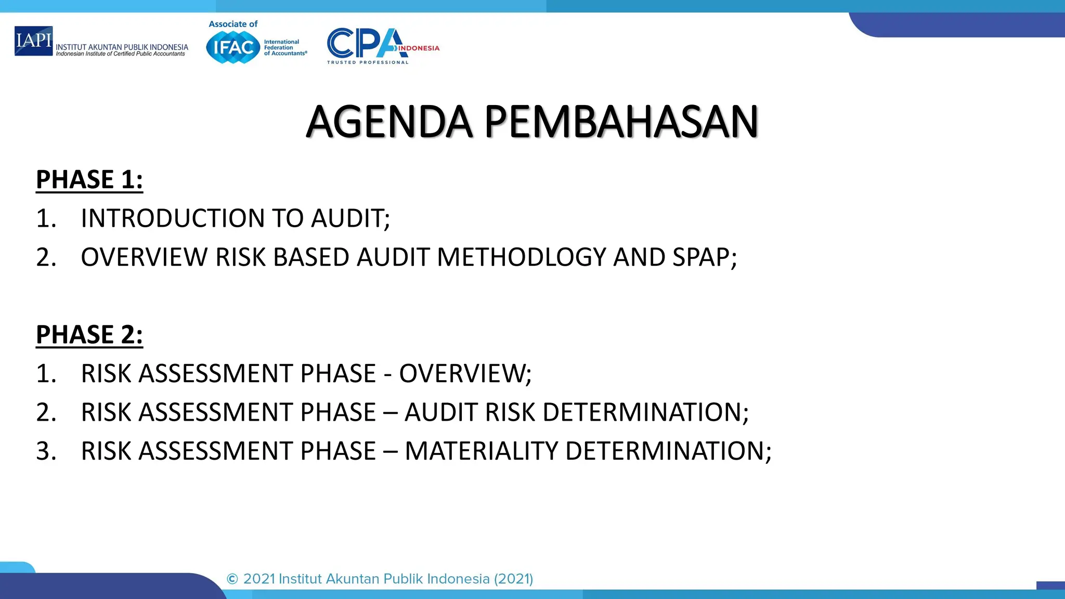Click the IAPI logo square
tap(33, 41)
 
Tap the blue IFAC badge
tap(233, 47)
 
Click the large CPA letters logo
tap(364, 44)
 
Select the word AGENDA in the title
tap(389, 123)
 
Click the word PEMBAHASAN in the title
tap(621, 123)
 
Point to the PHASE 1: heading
tap(89, 180)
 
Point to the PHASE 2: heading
tap(89, 334)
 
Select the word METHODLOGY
tap(522, 257)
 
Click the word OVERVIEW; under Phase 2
tap(465, 373)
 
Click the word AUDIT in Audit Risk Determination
tap(441, 412)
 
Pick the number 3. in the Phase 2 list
tap(46, 451)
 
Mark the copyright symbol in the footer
tap(232, 579)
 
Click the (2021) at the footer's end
tap(513, 579)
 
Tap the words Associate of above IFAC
tap(233, 24)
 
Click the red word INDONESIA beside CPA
tap(419, 48)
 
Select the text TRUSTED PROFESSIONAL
tap(368, 62)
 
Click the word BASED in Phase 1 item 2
tap(310, 257)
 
